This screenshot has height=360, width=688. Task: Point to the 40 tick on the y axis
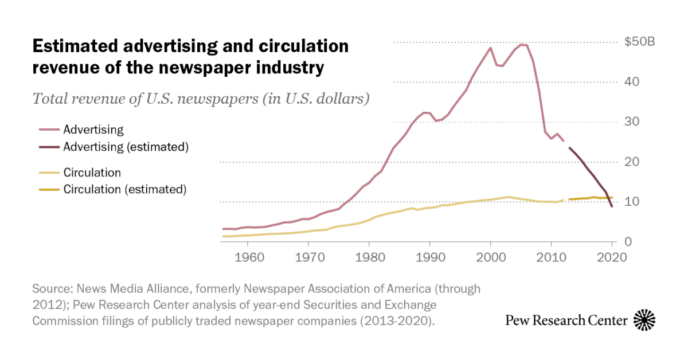tap(632, 82)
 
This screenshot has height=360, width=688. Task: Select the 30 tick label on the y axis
tap(632, 122)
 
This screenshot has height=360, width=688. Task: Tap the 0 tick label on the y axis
tap(628, 242)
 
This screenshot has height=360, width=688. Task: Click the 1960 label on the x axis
tap(248, 257)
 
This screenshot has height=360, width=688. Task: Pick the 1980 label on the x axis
tap(369, 257)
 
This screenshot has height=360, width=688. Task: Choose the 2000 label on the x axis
tap(491, 257)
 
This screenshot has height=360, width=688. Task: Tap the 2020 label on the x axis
tap(612, 257)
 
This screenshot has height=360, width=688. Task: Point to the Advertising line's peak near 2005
tap(522, 45)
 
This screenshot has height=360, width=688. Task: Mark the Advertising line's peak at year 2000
tap(491, 48)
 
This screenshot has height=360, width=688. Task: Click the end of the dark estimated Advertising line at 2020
tap(612, 206)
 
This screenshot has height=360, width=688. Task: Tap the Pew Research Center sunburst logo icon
tap(644, 320)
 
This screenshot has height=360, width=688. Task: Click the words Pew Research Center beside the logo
tap(566, 320)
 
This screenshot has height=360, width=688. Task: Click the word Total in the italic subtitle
tap(50, 99)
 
